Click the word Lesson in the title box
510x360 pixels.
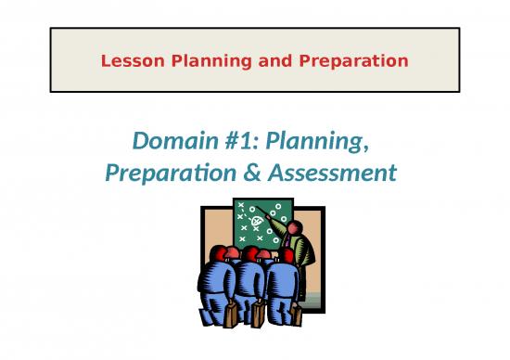[128, 61]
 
